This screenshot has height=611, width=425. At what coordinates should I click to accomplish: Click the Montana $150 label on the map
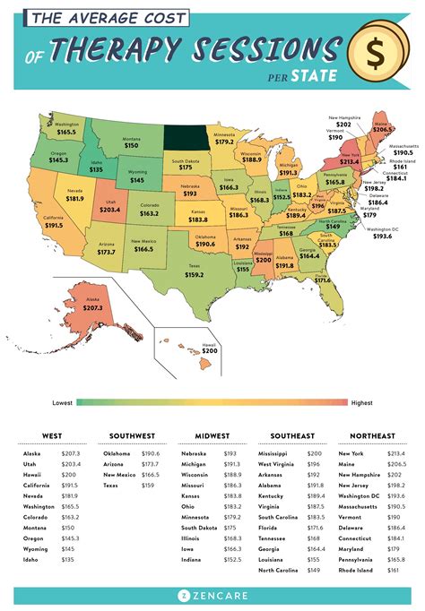tap(132, 142)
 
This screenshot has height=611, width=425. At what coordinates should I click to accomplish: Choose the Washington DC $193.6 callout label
tap(387, 233)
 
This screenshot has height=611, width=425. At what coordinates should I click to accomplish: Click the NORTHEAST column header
tap(371, 435)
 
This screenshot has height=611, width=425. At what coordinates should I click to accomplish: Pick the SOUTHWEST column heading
tap(133, 435)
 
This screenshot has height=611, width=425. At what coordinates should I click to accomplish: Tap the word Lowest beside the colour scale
tap(64, 403)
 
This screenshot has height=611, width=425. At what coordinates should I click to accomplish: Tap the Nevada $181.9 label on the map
tap(74, 195)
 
